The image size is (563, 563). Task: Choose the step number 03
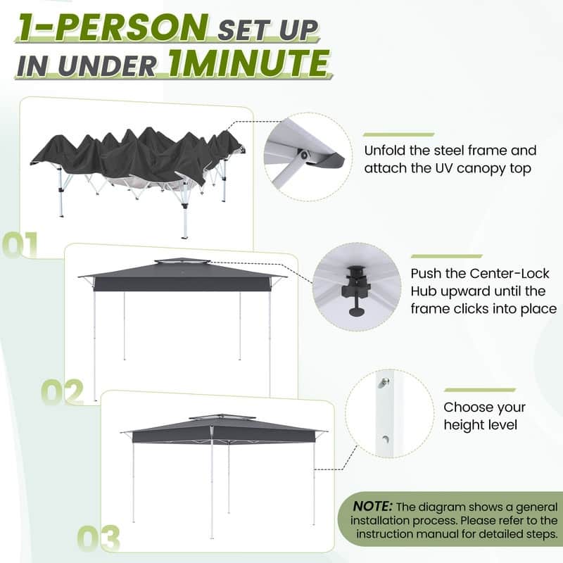point(99,538)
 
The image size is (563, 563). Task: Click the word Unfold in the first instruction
point(386,151)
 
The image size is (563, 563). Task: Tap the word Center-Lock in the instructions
point(480,273)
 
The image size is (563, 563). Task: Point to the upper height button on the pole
point(384,382)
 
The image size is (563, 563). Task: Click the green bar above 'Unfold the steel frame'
point(398,134)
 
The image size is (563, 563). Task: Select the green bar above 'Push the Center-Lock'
point(446,256)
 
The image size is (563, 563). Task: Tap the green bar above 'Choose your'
point(479,390)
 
